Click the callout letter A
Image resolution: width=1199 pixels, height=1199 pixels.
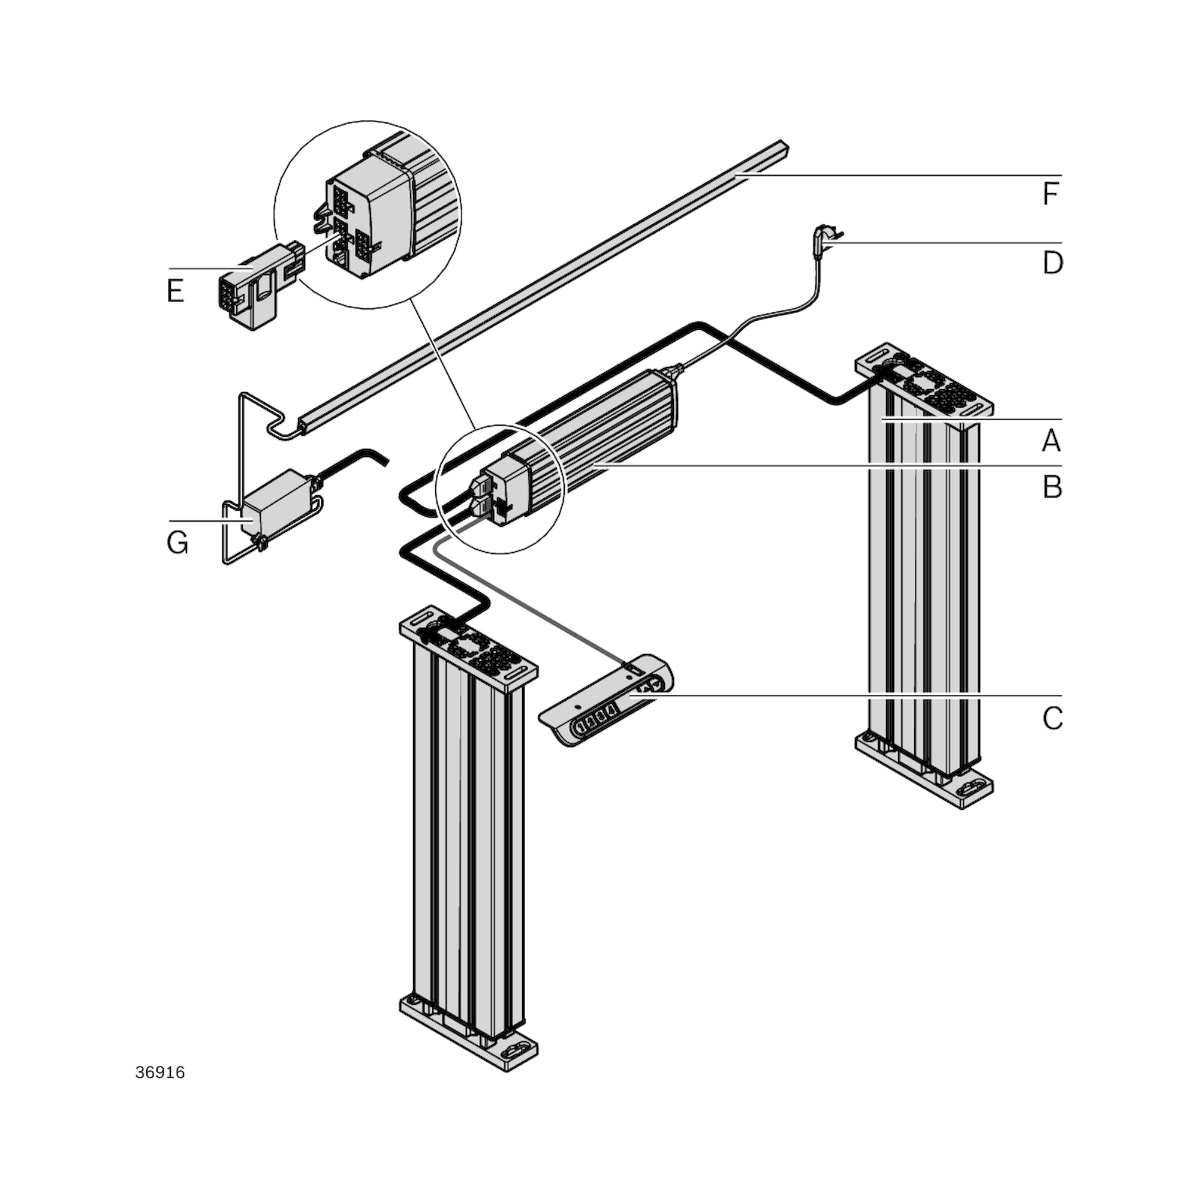1051,441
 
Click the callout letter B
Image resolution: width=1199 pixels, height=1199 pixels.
1052,488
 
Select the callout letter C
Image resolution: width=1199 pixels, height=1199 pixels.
1053,718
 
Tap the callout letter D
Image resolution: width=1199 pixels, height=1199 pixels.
1053,263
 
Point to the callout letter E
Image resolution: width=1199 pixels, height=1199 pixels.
176,290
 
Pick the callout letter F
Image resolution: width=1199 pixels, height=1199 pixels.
1050,194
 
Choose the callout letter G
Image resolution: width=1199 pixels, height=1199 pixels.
177,543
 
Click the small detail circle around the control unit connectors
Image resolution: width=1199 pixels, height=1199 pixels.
500,489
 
